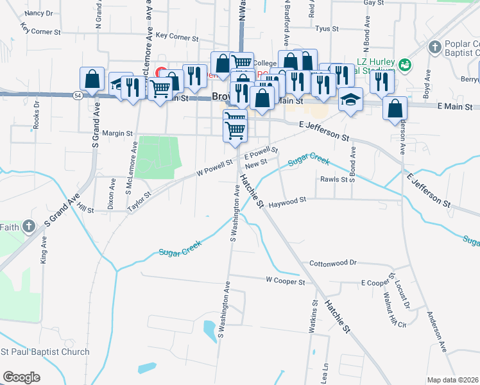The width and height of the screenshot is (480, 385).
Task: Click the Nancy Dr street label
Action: point(39,13)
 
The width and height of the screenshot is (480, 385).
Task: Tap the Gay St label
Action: point(369,3)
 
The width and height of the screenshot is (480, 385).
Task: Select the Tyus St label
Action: point(327,29)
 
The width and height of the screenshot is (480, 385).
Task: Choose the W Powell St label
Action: point(214,169)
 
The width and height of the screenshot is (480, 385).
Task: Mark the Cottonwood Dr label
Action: point(332,263)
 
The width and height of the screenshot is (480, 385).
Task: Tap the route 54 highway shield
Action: point(77,95)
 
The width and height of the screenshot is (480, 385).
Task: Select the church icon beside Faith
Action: point(28,226)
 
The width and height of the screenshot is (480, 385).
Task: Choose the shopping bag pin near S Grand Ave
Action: point(92,79)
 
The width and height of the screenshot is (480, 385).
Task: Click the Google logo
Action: point(22,377)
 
